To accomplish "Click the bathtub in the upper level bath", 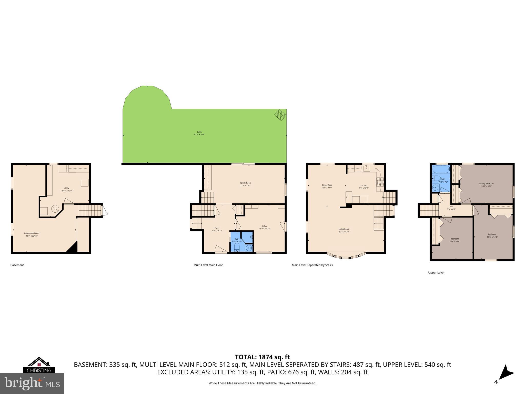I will click(x=441, y=169).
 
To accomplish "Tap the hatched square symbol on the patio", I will click(x=280, y=115).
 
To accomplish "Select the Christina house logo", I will click(x=39, y=365).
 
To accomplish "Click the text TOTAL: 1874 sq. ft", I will click(x=262, y=357).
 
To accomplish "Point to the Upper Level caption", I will click(x=436, y=272).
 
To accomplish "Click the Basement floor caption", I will click(x=17, y=265).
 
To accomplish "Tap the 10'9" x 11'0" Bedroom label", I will click(x=455, y=240).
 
